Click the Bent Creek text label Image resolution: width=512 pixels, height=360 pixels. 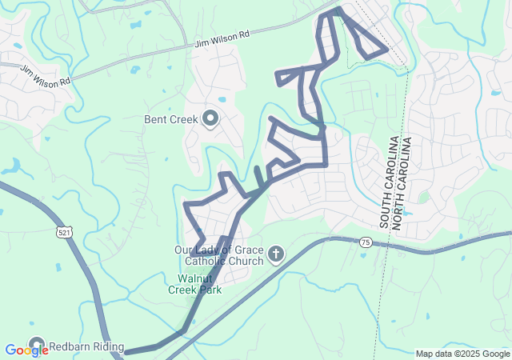(171, 120)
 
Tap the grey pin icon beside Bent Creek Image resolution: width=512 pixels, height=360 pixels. (210, 119)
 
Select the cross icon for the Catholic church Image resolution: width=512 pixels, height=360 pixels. (275, 255)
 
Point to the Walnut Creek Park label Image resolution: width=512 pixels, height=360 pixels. (194, 284)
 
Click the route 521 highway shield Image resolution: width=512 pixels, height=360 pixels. (63, 231)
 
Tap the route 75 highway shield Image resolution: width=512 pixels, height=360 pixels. (365, 242)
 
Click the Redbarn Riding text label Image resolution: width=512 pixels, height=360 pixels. (86, 347)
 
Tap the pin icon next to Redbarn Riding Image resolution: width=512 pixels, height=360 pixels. (37, 346)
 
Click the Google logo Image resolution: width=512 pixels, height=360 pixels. (26, 350)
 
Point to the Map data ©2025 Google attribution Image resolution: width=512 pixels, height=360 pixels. (462, 354)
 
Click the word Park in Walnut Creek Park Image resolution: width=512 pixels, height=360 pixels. (211, 290)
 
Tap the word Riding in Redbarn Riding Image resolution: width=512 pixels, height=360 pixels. (108, 347)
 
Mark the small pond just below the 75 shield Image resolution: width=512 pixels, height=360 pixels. (365, 255)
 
